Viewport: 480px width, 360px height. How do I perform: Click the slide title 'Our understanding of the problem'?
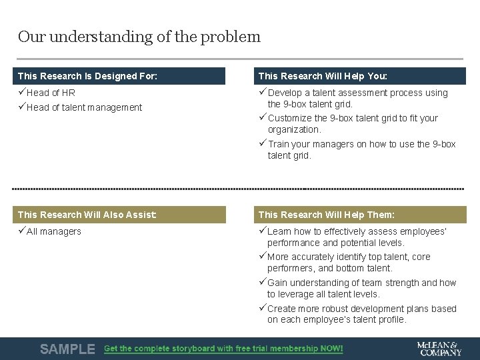pyautogui.click(x=139, y=37)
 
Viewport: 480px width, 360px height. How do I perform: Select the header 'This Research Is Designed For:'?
pyautogui.click(x=87, y=76)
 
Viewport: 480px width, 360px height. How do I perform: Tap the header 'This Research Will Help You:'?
pyautogui.click(x=322, y=76)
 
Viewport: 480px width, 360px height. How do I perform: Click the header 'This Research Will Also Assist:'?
pyautogui.click(x=87, y=215)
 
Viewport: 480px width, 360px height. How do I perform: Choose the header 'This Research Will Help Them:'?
pyautogui.click(x=326, y=215)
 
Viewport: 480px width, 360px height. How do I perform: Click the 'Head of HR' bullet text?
pyautogui.click(x=51, y=93)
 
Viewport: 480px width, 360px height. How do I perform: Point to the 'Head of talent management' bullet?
pyautogui.click(x=84, y=107)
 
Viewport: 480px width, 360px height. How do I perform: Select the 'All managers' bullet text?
pyautogui.click(x=54, y=232)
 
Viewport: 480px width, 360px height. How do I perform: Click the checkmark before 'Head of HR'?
pyautogui.click(x=22, y=93)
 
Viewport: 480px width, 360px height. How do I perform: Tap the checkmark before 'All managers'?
pyautogui.click(x=22, y=231)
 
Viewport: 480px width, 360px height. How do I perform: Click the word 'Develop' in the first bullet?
pyautogui.click(x=285, y=93)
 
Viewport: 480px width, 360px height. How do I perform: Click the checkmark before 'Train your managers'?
pyautogui.click(x=263, y=143)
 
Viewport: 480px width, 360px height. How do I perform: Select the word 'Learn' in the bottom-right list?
pyautogui.click(x=280, y=232)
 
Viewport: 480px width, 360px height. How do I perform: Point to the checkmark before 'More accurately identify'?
pyautogui.click(x=263, y=257)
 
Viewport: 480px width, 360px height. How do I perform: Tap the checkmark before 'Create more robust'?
pyautogui.click(x=263, y=308)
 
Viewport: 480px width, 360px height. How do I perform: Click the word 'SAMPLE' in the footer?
pyautogui.click(x=67, y=349)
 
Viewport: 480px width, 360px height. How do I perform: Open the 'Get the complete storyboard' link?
pyautogui.click(x=223, y=349)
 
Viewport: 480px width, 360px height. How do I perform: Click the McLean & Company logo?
pyautogui.click(x=439, y=349)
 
